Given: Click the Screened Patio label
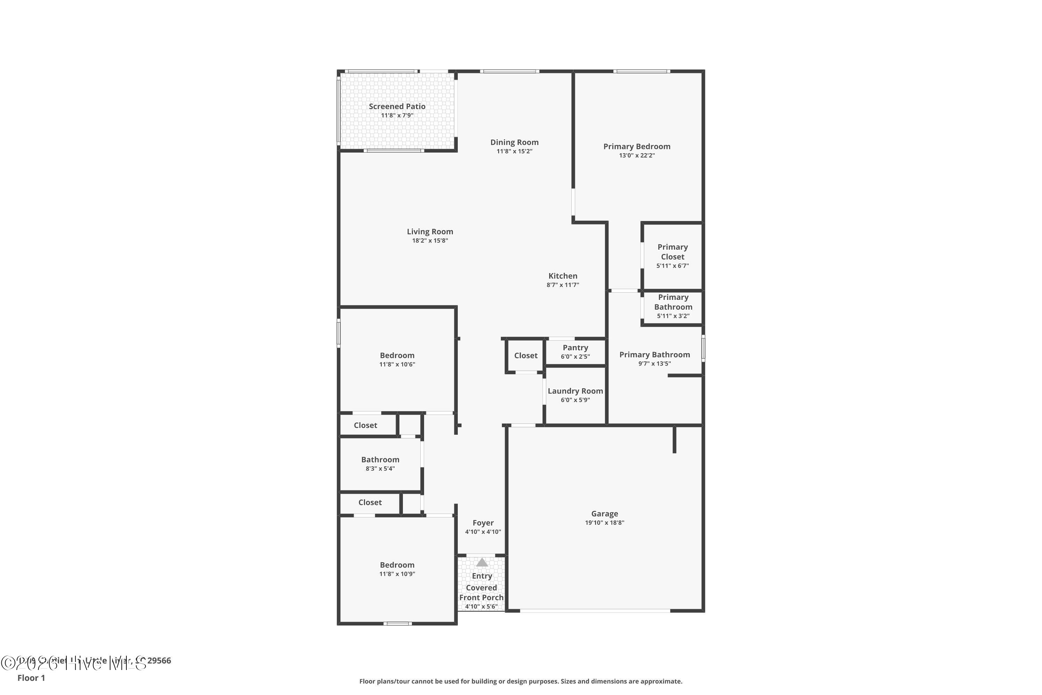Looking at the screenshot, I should [397, 106].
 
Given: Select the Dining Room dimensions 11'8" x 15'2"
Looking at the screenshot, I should [514, 152].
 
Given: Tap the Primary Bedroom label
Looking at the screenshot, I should [637, 146].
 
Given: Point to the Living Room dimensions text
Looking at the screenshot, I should [430, 241].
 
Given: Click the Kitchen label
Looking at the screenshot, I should [563, 276].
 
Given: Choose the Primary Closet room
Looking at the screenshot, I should [672, 256].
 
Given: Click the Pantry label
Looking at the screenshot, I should [575, 348].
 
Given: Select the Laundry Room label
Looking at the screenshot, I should [575, 391].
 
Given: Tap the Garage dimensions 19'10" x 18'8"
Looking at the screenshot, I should [604, 523].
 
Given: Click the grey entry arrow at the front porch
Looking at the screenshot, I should [481, 563].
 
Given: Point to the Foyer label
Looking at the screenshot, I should [482, 523].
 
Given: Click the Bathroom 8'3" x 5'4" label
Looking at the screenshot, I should [380, 460].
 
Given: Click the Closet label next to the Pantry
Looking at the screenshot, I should [526, 355].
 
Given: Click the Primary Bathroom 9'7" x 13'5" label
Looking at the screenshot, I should [654, 354].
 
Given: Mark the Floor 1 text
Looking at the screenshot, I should [31, 678].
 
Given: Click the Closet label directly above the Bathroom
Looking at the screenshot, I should [365, 425].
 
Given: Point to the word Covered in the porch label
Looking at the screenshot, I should [481, 588].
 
